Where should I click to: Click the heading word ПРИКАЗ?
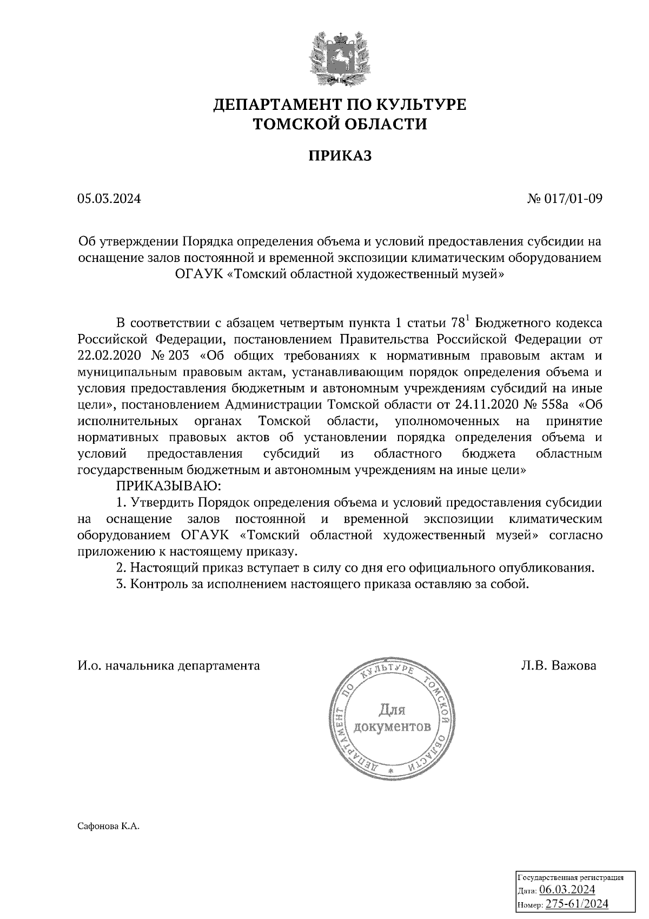coord(340,156)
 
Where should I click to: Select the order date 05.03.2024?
coord(109,199)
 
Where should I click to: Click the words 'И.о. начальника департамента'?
coord(169,665)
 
